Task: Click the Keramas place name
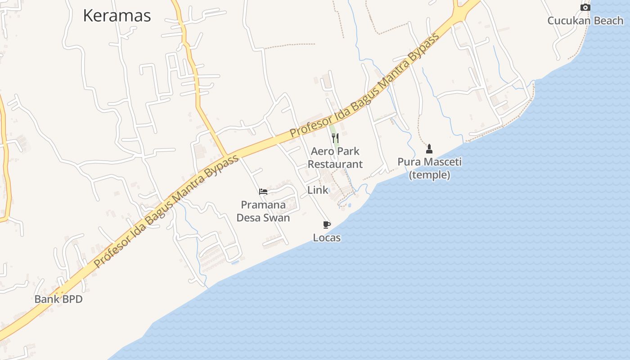[x=117, y=16]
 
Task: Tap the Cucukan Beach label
[x=585, y=21]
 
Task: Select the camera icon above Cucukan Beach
[x=585, y=7]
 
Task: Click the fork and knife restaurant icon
[x=335, y=138]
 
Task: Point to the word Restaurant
[x=335, y=164]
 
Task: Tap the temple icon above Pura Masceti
[x=429, y=148]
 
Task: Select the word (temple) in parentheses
[x=429, y=175]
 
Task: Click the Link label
[x=318, y=190]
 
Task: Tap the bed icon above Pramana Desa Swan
[x=263, y=192]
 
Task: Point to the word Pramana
[x=263, y=205]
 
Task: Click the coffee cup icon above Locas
[x=327, y=225]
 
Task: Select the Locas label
[x=327, y=238]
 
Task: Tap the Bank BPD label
[x=58, y=299]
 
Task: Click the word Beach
[x=608, y=21]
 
